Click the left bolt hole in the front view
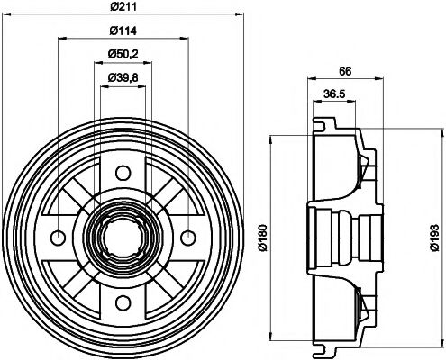tap(59, 238)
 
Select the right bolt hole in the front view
tap(187, 238)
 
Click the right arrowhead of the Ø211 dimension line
tap(240, 15)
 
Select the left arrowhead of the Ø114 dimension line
tap(61, 40)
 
